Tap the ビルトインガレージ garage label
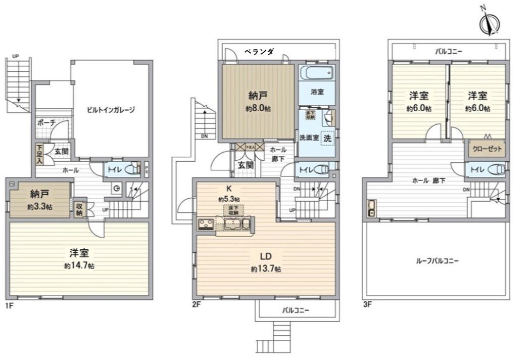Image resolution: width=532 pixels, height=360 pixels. coord(110,110)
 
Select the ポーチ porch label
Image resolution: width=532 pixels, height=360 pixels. coord(46,123)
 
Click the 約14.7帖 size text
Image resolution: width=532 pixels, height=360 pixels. coord(79,266)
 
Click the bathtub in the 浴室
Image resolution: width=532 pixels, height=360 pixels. coord(316,73)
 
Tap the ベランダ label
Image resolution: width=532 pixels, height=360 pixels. coord(259,51)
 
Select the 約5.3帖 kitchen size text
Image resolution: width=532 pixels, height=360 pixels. coord(228,199)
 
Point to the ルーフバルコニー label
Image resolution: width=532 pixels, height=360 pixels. coord(438,261)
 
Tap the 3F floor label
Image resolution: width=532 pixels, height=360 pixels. coord(367,305)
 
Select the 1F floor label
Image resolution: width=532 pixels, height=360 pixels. coord(10,305)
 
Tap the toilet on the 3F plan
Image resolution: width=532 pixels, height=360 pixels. coord(497,169)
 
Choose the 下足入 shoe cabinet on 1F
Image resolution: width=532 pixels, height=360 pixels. coord(39,154)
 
